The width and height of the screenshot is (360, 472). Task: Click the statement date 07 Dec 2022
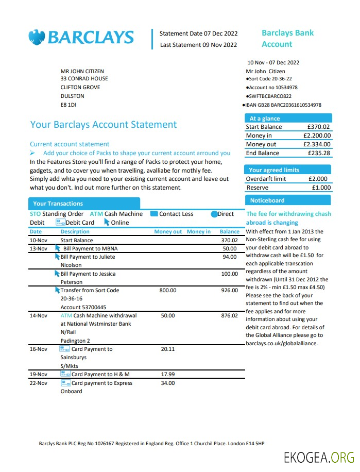213,33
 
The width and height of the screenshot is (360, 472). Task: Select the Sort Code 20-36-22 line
270,79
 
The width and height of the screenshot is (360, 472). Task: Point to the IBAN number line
283,105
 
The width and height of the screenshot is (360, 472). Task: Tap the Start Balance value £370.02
318,127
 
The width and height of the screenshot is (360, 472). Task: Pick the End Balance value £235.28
318,153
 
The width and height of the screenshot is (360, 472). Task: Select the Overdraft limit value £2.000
320,179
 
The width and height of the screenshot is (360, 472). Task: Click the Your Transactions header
58,204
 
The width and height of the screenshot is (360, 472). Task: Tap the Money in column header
198,232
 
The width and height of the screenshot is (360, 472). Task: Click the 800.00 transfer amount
168,291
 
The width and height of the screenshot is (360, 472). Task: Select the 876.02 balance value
229,315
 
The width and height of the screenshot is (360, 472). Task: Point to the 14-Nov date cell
39,315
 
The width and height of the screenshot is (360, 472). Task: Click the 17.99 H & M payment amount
168,374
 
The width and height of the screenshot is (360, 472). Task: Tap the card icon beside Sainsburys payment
65,349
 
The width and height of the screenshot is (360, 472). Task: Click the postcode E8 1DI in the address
68,105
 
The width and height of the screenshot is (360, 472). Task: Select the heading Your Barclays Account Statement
104,125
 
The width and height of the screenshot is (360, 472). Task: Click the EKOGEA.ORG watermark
319,457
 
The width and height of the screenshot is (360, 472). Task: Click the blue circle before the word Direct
214,214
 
